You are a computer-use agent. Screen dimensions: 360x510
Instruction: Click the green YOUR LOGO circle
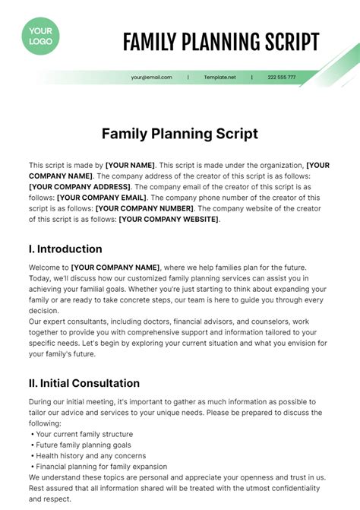[x=40, y=36]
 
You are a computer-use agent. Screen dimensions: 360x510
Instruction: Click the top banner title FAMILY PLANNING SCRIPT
[x=221, y=42]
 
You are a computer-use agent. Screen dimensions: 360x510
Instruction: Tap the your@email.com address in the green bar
[x=151, y=78]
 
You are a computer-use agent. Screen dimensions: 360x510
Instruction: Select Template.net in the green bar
[x=219, y=78]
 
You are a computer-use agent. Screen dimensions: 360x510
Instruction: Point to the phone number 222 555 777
[x=282, y=78]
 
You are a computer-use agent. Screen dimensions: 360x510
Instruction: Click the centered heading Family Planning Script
[x=180, y=134]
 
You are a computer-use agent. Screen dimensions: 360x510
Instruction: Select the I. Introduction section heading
[x=65, y=249]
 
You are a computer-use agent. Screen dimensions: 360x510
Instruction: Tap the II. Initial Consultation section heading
[x=84, y=383]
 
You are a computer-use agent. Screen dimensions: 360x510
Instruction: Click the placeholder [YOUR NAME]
[x=130, y=165]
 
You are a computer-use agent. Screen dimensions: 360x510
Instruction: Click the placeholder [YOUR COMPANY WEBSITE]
[x=169, y=219]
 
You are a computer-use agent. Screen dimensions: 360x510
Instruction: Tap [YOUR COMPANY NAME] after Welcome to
[x=115, y=268]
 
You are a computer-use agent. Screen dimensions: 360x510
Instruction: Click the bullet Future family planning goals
[x=84, y=445]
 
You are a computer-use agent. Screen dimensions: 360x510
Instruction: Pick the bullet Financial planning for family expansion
[x=100, y=467]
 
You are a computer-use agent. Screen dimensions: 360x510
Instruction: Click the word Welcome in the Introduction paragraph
[x=45, y=268]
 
